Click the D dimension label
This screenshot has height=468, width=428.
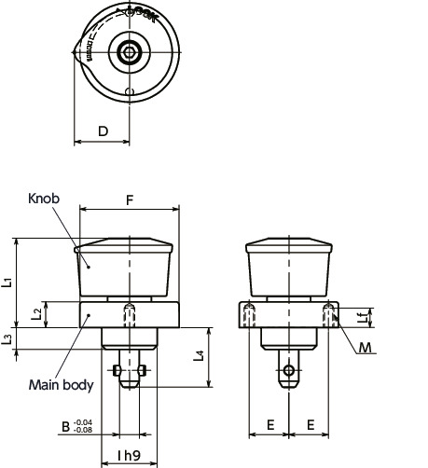point(102,131)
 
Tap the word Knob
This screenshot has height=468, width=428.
point(43,200)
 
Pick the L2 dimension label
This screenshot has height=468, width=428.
point(36,315)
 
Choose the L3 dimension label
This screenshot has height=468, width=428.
point(7,338)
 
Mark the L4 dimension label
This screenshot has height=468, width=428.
point(198,357)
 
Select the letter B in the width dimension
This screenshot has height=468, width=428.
point(65,427)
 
